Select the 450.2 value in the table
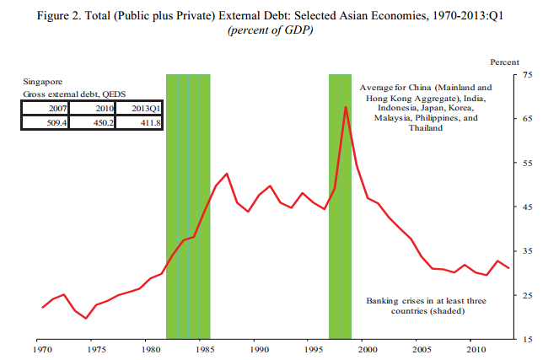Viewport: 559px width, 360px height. (x=92, y=122)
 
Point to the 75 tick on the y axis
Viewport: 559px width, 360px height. (x=529, y=75)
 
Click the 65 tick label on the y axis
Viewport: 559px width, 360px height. (x=529, y=120)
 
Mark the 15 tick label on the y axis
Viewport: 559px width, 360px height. (x=529, y=339)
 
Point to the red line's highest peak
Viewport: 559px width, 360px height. (x=346, y=107)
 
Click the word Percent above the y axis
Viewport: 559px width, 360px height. (x=504, y=62)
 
